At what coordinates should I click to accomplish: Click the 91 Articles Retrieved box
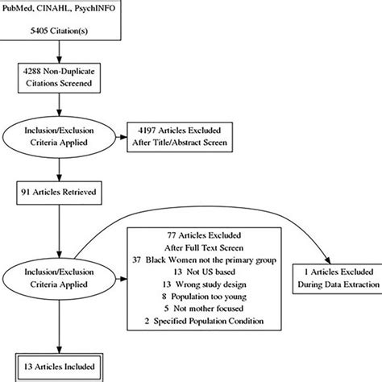tap(57, 192)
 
